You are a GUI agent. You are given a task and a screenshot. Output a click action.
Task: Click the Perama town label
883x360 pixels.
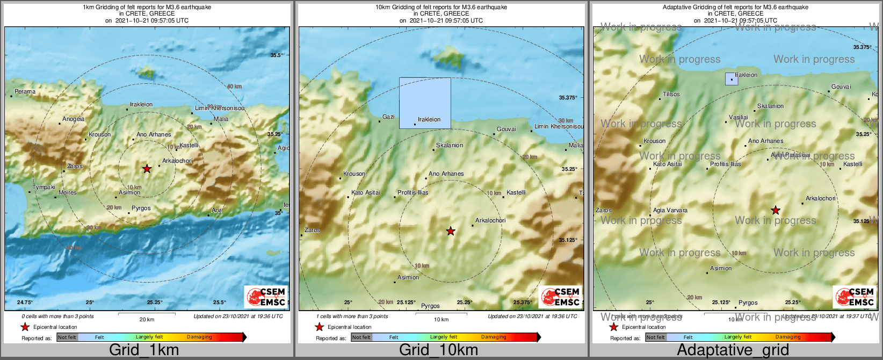(25, 92)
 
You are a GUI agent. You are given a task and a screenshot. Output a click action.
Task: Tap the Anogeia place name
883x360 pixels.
(73, 119)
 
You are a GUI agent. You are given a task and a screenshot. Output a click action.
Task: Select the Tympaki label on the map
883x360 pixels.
(44, 188)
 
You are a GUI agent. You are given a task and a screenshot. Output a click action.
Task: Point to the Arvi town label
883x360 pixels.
(217, 211)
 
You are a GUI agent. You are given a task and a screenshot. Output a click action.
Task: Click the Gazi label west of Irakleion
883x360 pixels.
(388, 117)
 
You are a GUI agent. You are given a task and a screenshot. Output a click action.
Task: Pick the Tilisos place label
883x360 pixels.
(671, 95)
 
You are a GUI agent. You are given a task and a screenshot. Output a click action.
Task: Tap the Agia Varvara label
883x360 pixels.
(670, 211)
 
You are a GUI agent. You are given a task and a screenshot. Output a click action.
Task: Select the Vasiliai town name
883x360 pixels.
(739, 118)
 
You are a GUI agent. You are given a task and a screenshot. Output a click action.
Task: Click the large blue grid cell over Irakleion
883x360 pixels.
(425, 103)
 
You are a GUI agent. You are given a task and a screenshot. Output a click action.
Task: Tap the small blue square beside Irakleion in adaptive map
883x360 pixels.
(732, 79)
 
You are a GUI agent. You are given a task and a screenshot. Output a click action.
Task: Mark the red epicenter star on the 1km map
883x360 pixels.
(147, 169)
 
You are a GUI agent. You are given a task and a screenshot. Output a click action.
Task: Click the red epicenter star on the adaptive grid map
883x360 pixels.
(776, 210)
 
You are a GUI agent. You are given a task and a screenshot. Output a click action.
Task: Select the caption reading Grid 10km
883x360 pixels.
(438, 350)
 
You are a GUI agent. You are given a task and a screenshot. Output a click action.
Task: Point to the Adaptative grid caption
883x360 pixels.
(733, 350)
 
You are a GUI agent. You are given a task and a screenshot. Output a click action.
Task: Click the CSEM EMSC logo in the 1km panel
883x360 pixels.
(266, 297)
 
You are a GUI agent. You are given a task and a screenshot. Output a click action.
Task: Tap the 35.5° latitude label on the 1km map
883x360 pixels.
(277, 55)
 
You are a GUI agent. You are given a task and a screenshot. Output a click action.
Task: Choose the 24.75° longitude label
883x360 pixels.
(25, 303)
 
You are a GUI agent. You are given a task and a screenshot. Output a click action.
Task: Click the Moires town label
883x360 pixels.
(68, 193)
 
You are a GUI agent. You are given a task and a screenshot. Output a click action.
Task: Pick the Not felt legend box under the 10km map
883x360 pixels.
(361, 337)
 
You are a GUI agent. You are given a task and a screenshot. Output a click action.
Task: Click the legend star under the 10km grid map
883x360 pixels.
(319, 327)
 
